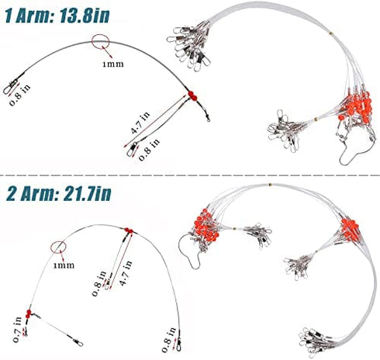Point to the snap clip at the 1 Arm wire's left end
[x=11, y=84]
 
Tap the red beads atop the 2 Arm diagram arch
[x=126, y=230]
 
